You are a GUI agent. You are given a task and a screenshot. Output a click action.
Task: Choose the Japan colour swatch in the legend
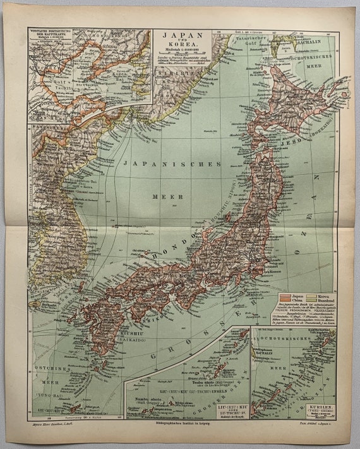coord(284,295)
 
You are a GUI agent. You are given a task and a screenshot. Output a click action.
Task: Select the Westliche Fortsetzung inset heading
coord(51,32)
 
